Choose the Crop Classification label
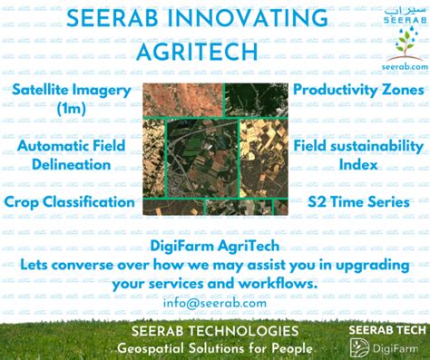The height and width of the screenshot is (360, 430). tap(69, 201)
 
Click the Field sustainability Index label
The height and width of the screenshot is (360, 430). tap(358, 155)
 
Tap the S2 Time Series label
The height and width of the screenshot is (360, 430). tap(358, 201)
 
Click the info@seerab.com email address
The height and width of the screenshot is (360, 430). tap(216, 303)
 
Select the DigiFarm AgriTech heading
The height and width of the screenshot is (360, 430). tap(214, 246)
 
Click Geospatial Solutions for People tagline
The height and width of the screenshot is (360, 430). tap(215, 349)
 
